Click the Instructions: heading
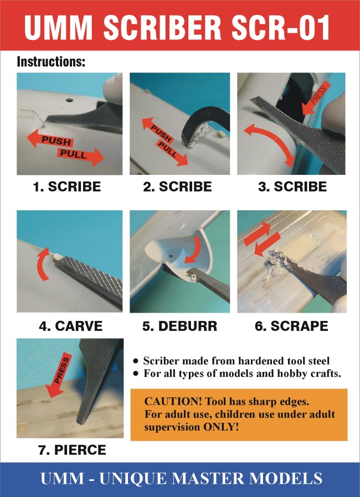pyautogui.click(x=51, y=61)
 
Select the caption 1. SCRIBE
pyautogui.click(x=67, y=187)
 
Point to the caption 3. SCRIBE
pyautogui.click(x=292, y=187)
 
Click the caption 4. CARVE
pyautogui.click(x=71, y=326)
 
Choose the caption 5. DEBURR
pyautogui.click(x=180, y=326)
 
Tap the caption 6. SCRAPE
pyautogui.click(x=291, y=326)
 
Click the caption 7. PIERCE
pyautogui.click(x=72, y=450)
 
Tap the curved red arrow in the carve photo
pyautogui.click(x=43, y=263)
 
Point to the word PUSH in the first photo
pyautogui.click(x=56, y=141)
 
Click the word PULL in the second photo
pyautogui.click(x=168, y=149)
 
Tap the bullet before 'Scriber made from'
pyautogui.click(x=136, y=361)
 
